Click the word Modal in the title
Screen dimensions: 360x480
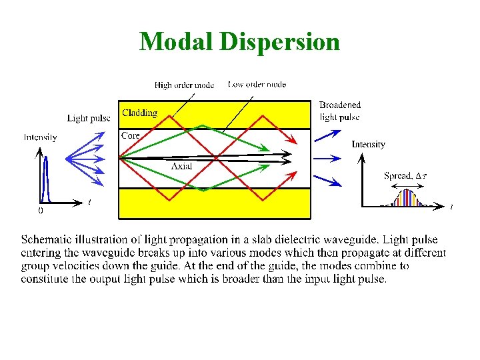coord(175,41)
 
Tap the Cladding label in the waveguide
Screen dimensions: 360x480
coord(139,113)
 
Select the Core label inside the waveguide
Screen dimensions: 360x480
coord(130,135)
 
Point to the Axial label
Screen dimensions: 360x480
coord(181,166)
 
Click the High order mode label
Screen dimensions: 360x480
coord(184,85)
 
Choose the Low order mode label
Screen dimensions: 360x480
coord(257,84)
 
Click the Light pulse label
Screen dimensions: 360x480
coord(89,119)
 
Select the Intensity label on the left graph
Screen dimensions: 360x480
coord(40,137)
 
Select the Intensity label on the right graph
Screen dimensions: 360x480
coord(368,144)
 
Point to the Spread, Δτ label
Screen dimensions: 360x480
coord(406,175)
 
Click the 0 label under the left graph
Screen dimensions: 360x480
coord(40,210)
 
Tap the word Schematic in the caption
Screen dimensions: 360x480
coord(47,239)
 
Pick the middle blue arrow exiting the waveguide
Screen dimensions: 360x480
coord(327,159)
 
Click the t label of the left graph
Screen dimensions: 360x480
coord(90,202)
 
